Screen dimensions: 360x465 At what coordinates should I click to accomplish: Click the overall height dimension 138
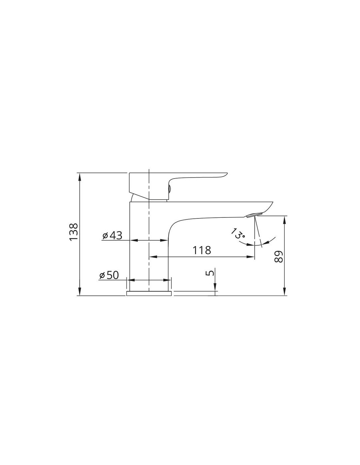74,232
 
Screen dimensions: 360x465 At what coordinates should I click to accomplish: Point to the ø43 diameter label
112,235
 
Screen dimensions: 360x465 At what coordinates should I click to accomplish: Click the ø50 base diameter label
109,275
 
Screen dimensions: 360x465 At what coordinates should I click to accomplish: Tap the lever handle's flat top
178,173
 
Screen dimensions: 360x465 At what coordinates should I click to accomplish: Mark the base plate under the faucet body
149,293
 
